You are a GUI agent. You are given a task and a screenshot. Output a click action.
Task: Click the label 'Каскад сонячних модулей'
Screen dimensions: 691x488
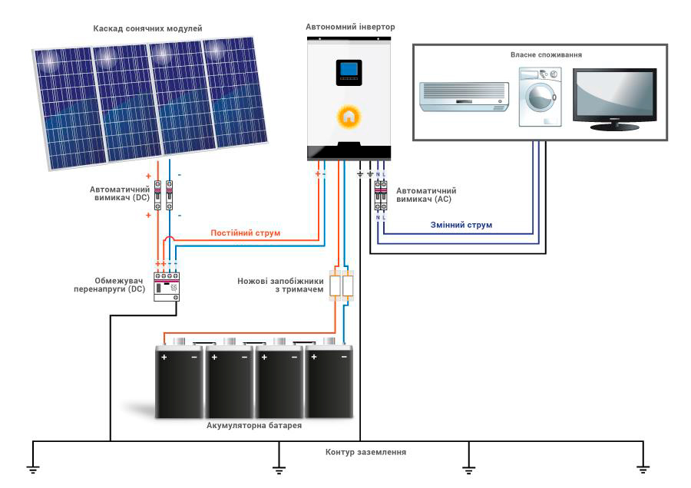pyautogui.click(x=147, y=28)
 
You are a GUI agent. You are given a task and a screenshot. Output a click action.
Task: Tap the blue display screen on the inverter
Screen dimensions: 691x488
pyautogui.click(x=349, y=69)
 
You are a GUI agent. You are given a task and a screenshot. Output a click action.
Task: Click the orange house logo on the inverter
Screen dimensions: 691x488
pyautogui.click(x=349, y=117)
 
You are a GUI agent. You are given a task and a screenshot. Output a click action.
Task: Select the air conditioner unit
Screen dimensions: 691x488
pyautogui.click(x=464, y=97)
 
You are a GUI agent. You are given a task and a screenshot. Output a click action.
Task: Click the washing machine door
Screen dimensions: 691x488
pyautogui.click(x=540, y=97)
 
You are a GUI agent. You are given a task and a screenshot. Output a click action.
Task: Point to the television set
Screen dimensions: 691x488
pyautogui.click(x=615, y=100)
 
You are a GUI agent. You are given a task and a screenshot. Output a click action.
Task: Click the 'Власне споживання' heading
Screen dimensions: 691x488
pyautogui.click(x=546, y=55)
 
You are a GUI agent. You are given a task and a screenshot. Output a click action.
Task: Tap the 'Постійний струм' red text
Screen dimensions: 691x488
pyautogui.click(x=245, y=233)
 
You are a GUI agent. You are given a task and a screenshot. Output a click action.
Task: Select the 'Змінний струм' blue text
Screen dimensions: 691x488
pyautogui.click(x=461, y=225)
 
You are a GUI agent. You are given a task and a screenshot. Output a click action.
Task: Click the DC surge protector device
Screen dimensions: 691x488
pyautogui.click(x=167, y=287)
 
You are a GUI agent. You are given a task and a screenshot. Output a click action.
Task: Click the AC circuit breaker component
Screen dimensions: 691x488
pyautogui.click(x=381, y=195)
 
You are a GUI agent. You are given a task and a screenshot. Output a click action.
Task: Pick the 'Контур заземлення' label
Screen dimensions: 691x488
pyautogui.click(x=365, y=452)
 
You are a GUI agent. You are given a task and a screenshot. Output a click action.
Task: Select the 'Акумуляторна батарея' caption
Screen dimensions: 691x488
pyautogui.click(x=254, y=425)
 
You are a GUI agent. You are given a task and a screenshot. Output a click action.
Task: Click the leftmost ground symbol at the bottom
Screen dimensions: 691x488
pyautogui.click(x=32, y=469)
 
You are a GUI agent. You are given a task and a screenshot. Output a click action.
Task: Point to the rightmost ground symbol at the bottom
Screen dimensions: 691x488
pyautogui.click(x=643, y=469)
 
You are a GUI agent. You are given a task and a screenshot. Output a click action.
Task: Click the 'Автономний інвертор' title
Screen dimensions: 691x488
pyautogui.click(x=350, y=27)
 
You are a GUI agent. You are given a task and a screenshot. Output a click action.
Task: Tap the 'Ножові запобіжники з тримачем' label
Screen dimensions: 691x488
pyautogui.click(x=280, y=285)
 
